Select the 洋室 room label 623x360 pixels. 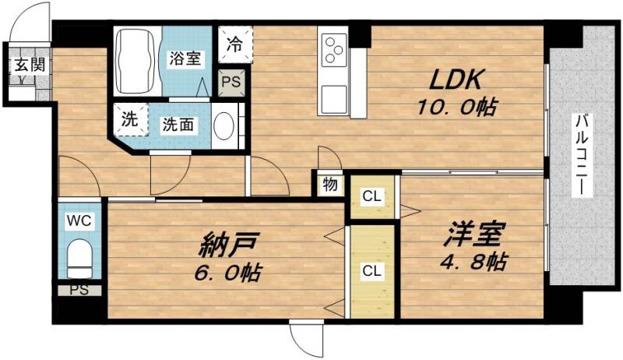point(477,232)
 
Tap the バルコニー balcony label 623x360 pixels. point(581,155)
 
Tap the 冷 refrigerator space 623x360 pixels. point(234,44)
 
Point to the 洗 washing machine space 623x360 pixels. point(129,121)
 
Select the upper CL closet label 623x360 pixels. point(371,196)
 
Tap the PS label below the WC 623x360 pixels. point(79,291)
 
